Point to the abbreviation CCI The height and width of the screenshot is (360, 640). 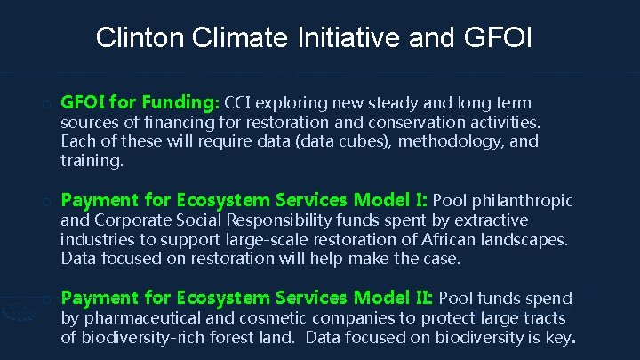coord(244,102)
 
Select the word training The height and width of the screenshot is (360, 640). coord(92,161)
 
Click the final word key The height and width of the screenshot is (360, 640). coord(563,337)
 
